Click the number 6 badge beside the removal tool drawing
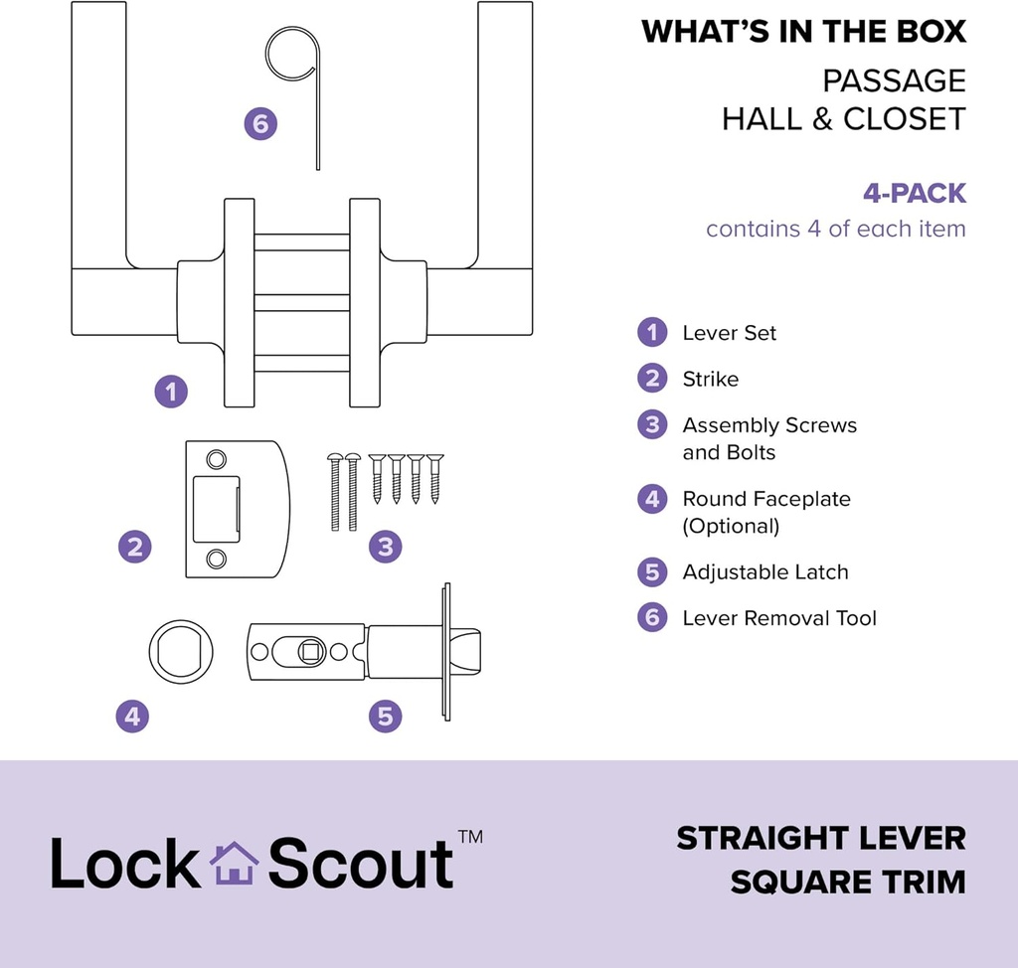coord(260,124)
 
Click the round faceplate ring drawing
coord(181,652)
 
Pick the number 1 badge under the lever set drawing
coord(171,391)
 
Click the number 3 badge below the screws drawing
coord(386,546)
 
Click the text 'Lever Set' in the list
coord(729,333)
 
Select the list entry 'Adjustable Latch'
coord(764,572)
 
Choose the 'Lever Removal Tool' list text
coord(778,618)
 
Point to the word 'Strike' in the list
coord(710,379)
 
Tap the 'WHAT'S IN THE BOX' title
coord(803,31)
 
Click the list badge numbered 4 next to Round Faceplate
coord(652,499)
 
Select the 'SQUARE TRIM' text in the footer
coord(848,882)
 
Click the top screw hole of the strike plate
coord(216,458)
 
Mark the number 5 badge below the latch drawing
coord(386,716)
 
